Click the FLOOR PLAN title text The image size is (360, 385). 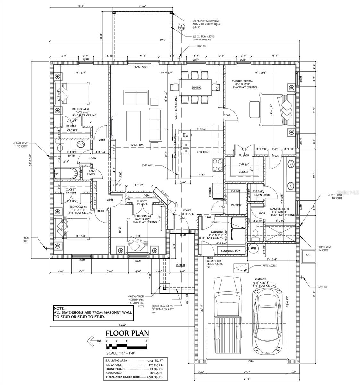click(x=127, y=333)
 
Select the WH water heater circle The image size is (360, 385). click(x=253, y=248)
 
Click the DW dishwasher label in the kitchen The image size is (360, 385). click(x=185, y=136)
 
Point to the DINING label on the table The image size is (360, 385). click(x=196, y=88)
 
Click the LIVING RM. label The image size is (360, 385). click(x=136, y=145)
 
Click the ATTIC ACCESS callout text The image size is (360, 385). click(x=269, y=266)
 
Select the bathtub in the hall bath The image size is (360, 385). click(x=66, y=174)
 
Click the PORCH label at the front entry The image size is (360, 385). click(x=180, y=265)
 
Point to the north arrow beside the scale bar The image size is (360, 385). click(x=95, y=341)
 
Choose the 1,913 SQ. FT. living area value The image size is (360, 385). click(x=155, y=361)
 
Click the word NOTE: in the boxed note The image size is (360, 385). click(x=59, y=308)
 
